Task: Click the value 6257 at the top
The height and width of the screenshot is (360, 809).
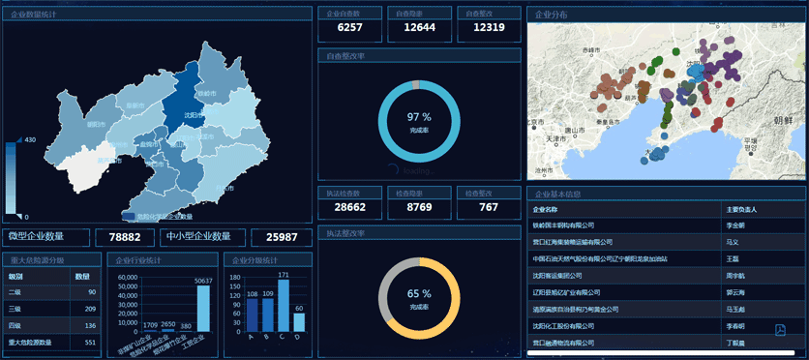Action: [x=349, y=27]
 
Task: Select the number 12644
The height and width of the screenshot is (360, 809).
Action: [x=419, y=27]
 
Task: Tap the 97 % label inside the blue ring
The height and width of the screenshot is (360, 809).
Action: [x=419, y=117]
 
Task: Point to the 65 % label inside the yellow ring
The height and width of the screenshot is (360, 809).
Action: [x=419, y=294]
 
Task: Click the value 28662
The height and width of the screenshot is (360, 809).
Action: [x=349, y=207]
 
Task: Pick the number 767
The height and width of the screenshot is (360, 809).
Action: [x=489, y=207]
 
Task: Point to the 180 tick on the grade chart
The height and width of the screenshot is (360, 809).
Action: [x=234, y=277]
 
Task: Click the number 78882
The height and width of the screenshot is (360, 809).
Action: [x=125, y=237]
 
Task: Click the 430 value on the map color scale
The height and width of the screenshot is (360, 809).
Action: [x=29, y=140]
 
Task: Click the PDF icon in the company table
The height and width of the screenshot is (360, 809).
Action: [x=780, y=330]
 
